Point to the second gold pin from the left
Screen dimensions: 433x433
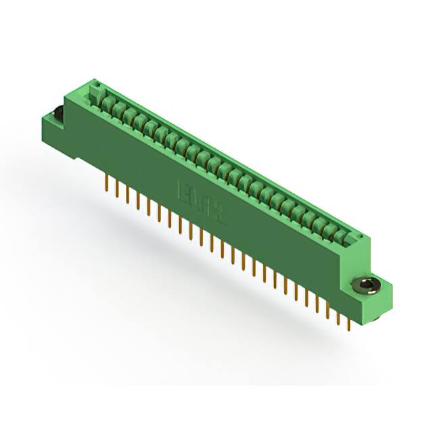click(x=117, y=189)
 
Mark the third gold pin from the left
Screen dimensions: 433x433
click(x=127, y=195)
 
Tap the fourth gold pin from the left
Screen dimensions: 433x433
click(x=137, y=200)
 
